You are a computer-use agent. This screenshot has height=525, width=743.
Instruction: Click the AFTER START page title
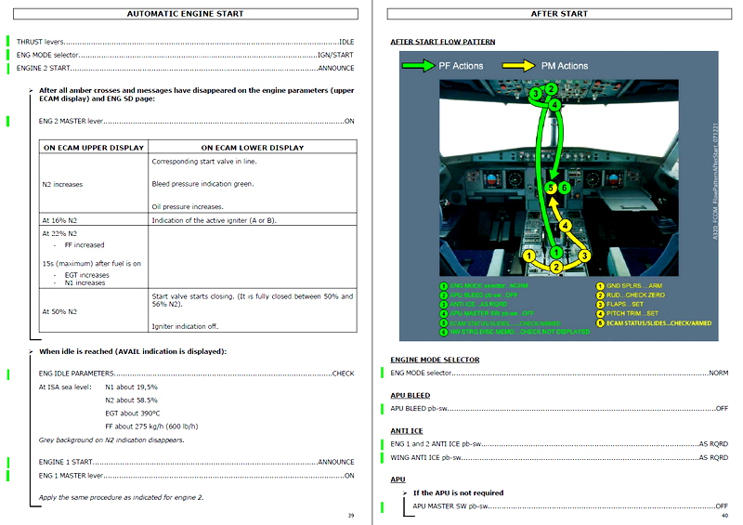[x=559, y=14]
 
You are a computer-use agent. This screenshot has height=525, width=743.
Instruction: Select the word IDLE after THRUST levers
[x=345, y=42]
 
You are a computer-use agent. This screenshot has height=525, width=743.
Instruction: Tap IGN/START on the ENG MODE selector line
[x=335, y=55]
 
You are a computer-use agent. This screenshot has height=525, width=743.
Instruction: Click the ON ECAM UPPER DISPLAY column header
[x=93, y=147]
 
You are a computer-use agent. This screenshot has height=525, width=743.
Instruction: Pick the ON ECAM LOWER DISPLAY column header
[x=252, y=147]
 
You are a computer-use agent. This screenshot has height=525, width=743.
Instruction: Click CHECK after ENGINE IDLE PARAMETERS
[x=343, y=374]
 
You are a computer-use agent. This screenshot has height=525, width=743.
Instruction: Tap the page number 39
[x=350, y=515]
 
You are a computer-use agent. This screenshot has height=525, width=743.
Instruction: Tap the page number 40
[x=723, y=515]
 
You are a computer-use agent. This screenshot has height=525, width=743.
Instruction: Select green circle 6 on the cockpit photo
[x=564, y=188]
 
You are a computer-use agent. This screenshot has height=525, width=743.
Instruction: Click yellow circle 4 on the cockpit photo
[x=565, y=225]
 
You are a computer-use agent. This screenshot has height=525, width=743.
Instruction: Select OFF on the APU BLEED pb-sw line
[x=722, y=408]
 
